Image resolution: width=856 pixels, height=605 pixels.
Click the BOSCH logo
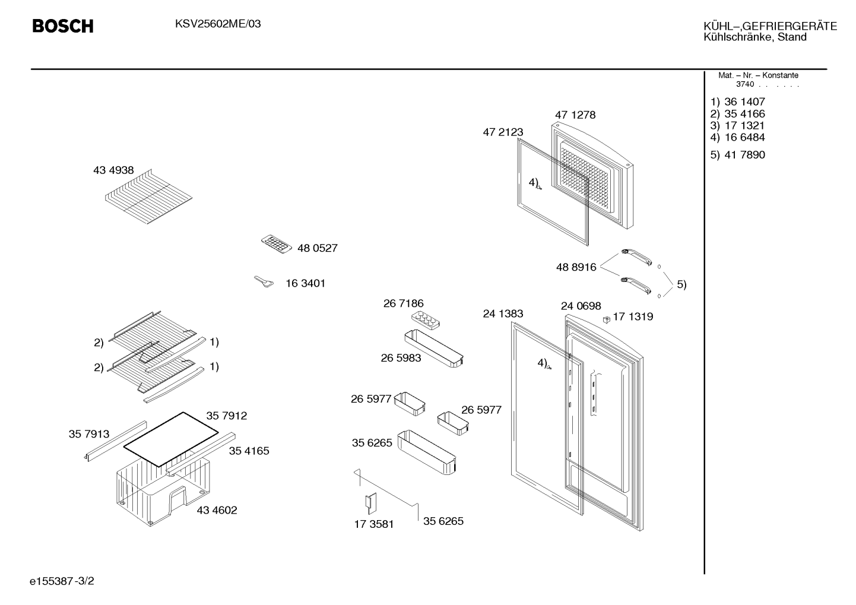point(63,26)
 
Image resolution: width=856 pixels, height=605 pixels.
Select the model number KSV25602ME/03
point(218,24)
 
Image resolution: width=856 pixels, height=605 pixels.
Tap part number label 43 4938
point(113,170)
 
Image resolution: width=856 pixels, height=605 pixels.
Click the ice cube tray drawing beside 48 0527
point(276,244)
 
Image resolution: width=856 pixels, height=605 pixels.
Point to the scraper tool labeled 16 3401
point(264,281)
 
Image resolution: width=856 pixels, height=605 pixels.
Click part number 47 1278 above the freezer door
point(575,115)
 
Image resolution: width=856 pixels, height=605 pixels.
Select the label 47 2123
point(503,132)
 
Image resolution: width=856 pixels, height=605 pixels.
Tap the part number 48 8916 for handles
point(576,267)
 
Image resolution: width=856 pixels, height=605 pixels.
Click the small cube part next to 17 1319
point(606,319)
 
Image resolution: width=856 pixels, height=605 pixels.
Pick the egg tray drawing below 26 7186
point(425,320)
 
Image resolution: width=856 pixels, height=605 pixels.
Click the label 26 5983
point(401,358)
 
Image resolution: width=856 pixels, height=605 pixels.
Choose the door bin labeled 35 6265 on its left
point(427,452)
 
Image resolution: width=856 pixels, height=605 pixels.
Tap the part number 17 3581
point(374,524)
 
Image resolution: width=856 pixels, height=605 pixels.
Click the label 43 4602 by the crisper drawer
point(217,510)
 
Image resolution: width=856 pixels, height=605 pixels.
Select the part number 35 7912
point(227,416)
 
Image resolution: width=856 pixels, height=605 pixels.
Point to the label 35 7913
point(89,434)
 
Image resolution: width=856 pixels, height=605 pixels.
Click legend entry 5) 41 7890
point(737,155)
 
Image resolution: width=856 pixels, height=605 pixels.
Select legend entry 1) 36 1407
point(737,102)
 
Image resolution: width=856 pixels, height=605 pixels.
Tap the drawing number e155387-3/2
point(62,581)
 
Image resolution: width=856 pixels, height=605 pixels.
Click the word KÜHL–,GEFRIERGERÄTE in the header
point(771,26)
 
